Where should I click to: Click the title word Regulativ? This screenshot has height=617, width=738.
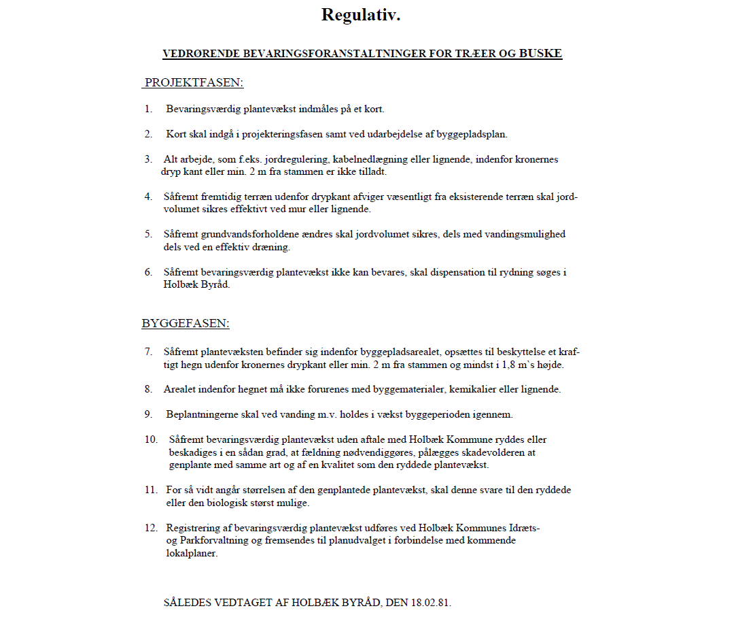361,15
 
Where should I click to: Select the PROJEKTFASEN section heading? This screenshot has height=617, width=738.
194,83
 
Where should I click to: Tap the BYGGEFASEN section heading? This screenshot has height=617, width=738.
186,324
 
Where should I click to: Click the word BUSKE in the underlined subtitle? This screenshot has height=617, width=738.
540,53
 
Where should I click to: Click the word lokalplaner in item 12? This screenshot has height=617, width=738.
192,554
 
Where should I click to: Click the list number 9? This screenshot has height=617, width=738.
148,414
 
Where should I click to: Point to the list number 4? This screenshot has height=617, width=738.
148,197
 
